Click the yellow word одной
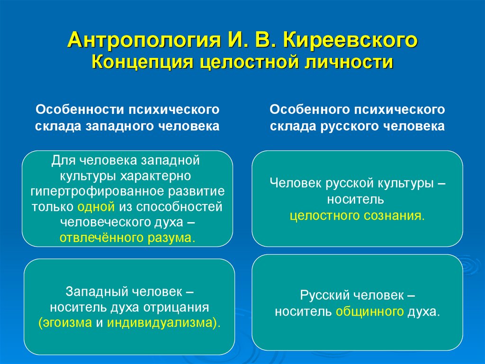coord(97,206)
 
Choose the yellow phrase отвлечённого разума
coord(127,238)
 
